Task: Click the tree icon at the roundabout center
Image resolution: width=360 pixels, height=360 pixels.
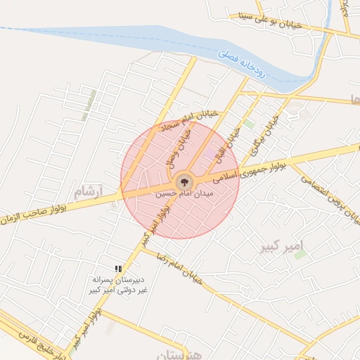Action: click(x=184, y=181)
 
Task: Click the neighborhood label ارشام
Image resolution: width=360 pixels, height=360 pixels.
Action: click(x=88, y=191)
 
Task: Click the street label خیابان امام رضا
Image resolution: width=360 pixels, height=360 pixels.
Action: click(x=179, y=266)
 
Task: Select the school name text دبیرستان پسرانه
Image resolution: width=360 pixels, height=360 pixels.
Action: click(x=117, y=280)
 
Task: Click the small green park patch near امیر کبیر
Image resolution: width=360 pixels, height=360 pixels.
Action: click(x=300, y=254)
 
